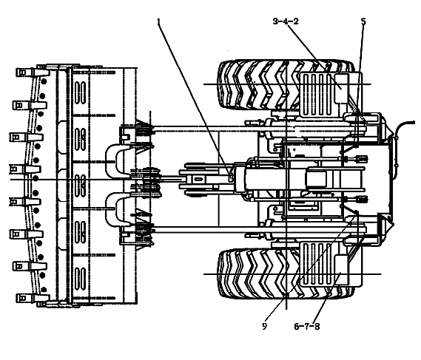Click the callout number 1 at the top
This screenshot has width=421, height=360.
(x=159, y=21)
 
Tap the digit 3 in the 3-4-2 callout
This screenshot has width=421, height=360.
(x=275, y=21)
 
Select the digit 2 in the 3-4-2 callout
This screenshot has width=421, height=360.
(x=296, y=21)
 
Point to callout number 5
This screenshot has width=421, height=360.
(x=363, y=21)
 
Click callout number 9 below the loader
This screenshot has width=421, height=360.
(x=264, y=326)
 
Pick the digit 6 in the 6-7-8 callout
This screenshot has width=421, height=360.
(x=297, y=327)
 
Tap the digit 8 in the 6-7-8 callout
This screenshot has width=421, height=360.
(x=317, y=327)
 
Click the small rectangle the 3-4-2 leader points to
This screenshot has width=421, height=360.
(x=341, y=88)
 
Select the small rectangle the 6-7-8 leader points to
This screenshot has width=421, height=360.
(x=341, y=270)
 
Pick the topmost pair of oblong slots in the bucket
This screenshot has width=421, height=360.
(x=80, y=92)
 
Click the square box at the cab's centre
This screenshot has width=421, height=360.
(x=316, y=179)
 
